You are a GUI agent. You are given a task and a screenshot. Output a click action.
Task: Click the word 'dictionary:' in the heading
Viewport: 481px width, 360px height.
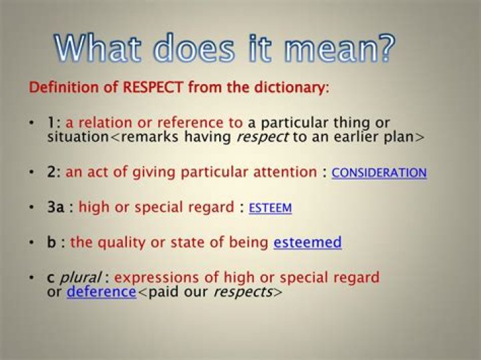tap(291, 87)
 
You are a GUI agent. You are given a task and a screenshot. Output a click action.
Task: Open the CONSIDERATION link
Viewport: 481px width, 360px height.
tap(379, 173)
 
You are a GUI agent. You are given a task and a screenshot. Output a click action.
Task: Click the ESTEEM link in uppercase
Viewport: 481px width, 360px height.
tap(270, 208)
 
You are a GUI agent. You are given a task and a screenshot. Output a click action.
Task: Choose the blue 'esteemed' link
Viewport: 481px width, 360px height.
tap(307, 242)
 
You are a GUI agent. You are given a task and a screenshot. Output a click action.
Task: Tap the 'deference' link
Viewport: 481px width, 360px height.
tap(101, 292)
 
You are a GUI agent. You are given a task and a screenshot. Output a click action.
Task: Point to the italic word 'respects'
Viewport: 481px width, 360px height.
tap(242, 292)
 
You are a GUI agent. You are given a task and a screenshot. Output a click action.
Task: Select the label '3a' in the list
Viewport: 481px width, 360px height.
tap(55, 208)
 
